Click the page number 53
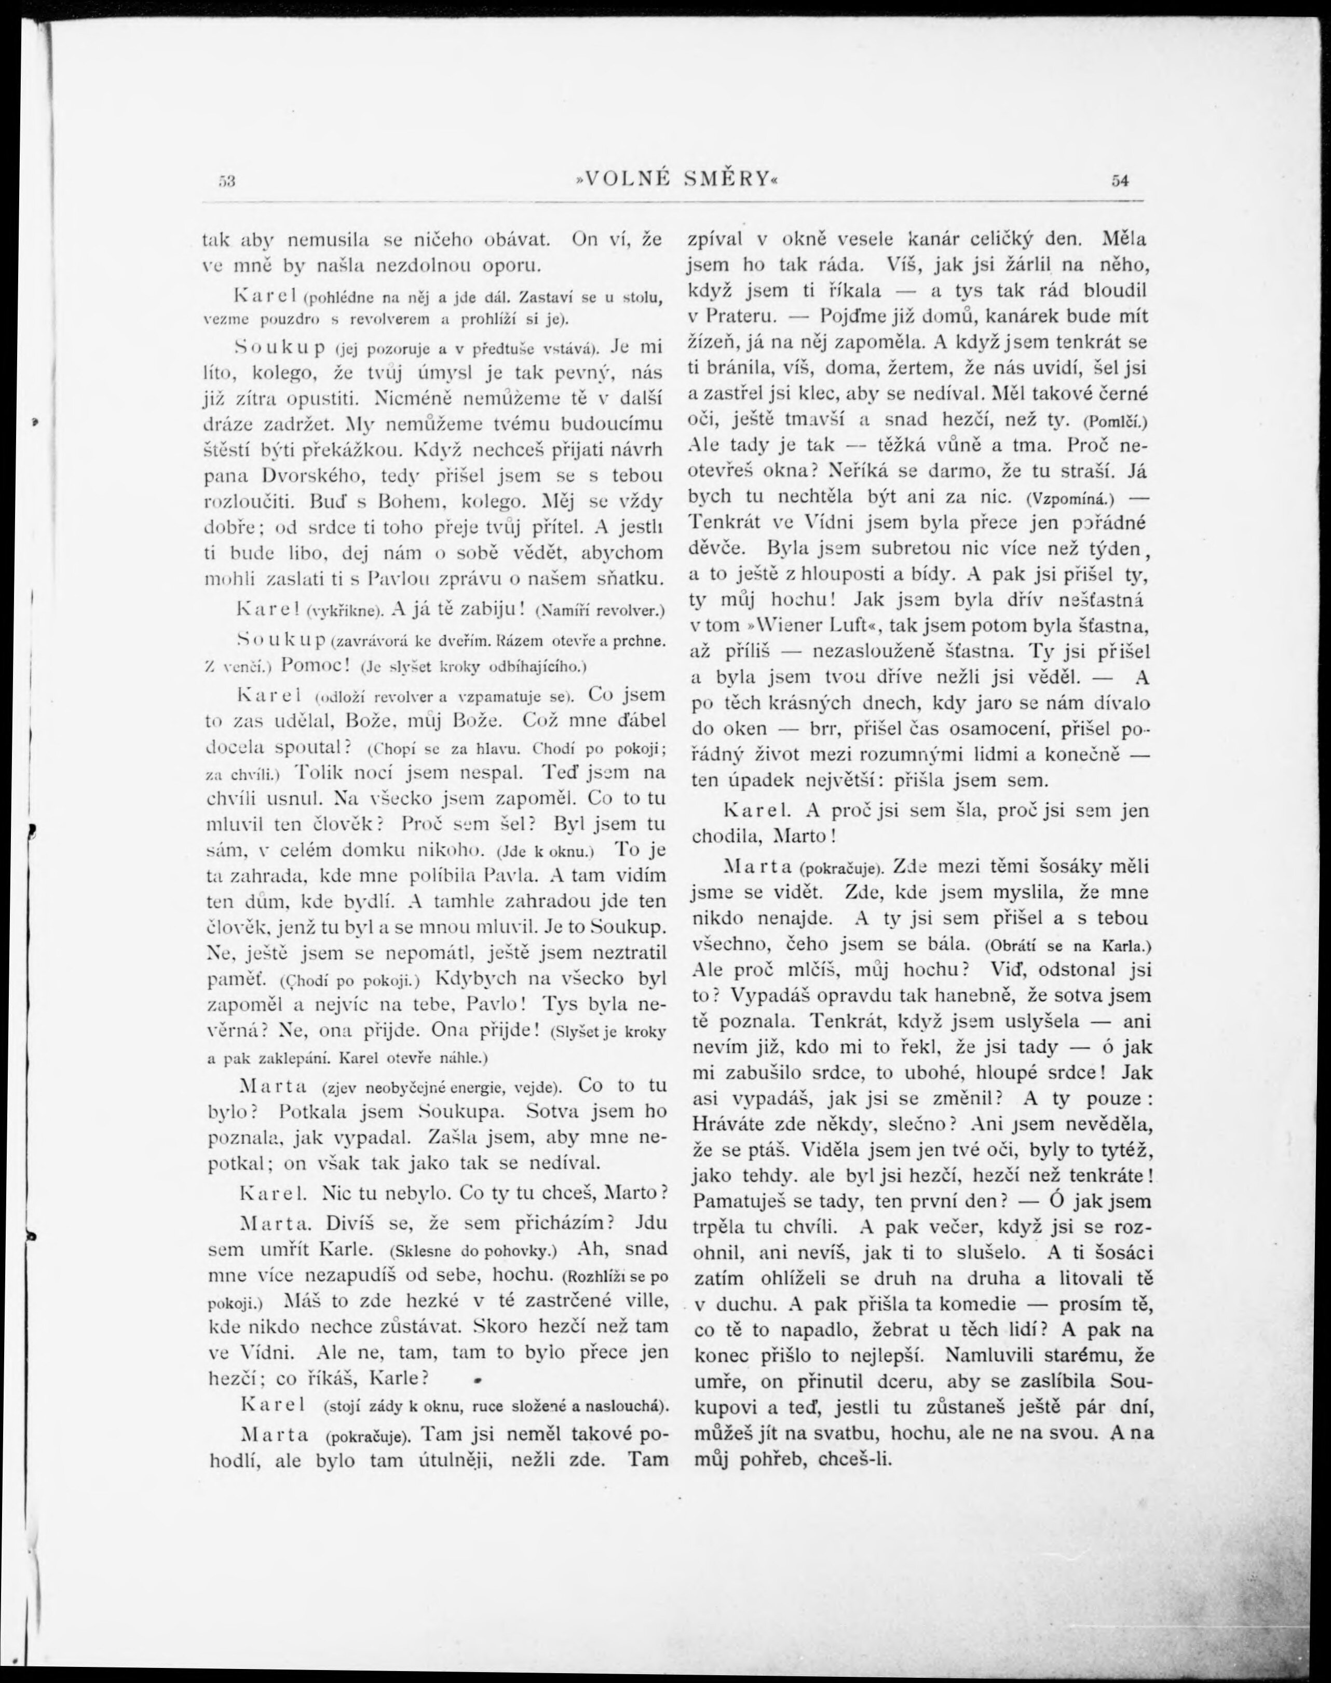[227, 181]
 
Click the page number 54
[1120, 181]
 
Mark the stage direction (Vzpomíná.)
[1071, 498]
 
